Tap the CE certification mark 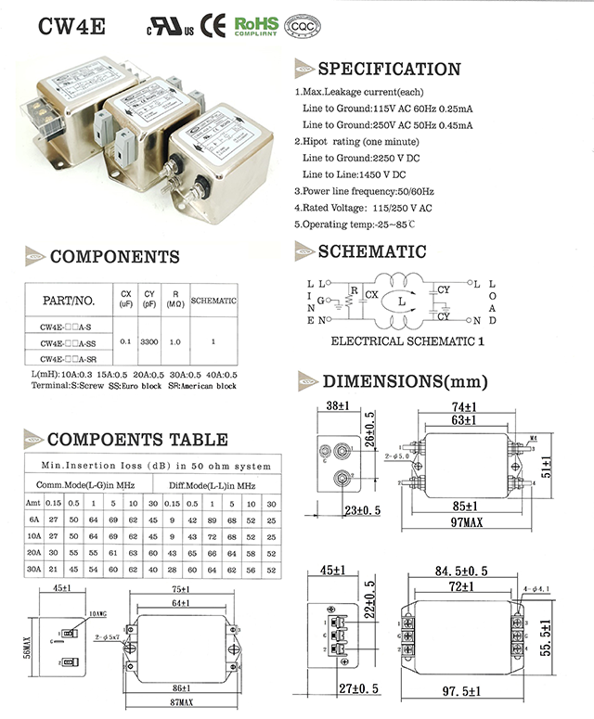point(213,24)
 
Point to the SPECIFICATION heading point(389,70)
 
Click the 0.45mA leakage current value point(454,125)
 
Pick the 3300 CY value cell point(149,341)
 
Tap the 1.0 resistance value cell point(174,341)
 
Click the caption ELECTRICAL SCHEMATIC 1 point(407,340)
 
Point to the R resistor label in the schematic point(354,289)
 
